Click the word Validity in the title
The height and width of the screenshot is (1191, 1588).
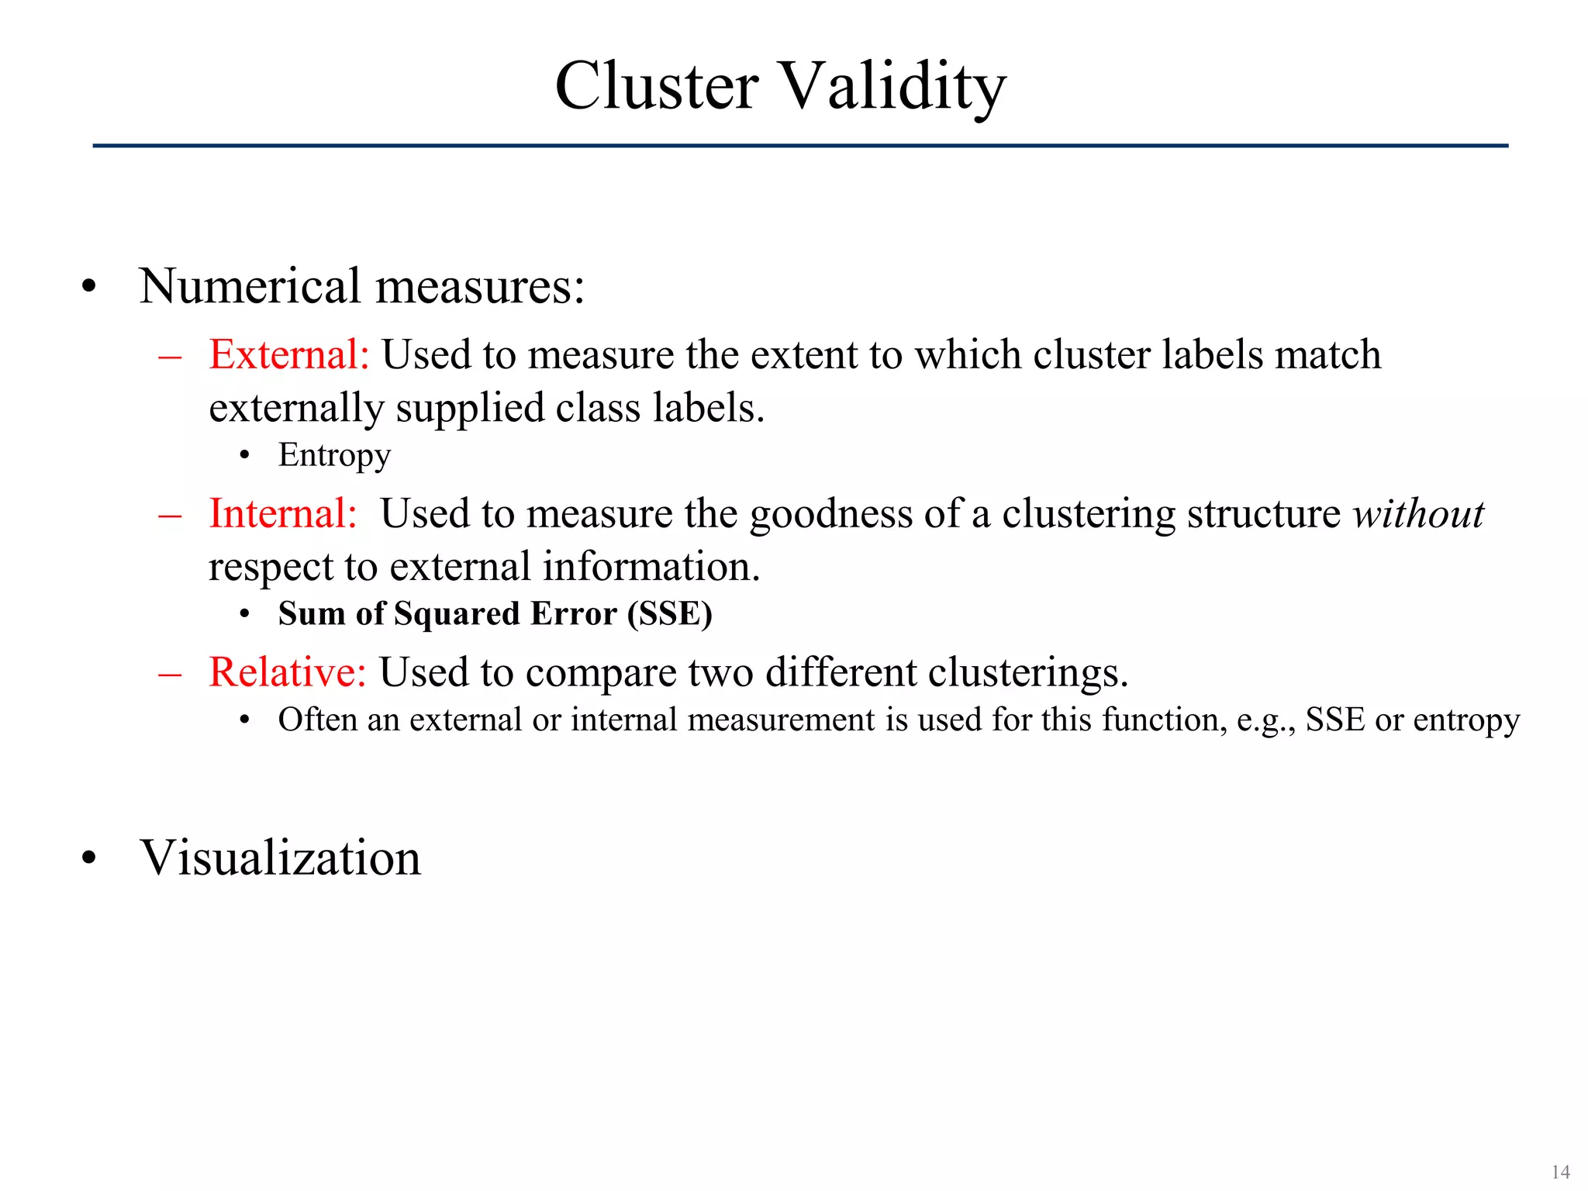[892, 87]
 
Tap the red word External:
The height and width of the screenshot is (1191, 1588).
[289, 354]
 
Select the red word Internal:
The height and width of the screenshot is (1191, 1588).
[283, 513]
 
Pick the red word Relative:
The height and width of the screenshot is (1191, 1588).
[287, 671]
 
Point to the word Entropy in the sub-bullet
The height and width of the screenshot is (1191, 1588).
[334, 455]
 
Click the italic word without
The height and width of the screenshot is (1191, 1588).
[1418, 513]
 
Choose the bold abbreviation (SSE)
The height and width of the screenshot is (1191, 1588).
[670, 613]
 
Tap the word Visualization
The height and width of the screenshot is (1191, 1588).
[280, 858]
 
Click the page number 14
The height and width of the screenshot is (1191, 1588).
[1560, 1172]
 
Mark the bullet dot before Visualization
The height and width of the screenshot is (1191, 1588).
[89, 859]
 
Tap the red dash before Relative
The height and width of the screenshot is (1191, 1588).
[170, 673]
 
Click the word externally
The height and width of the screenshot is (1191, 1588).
[296, 408]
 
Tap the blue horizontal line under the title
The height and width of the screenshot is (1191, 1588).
[800, 146]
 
